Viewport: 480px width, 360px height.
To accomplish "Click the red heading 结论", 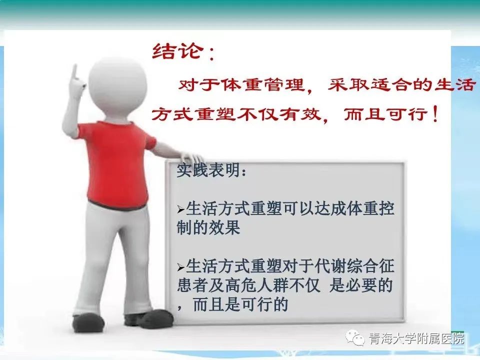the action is click(x=177, y=51).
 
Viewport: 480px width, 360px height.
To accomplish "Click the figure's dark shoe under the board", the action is click(x=149, y=318).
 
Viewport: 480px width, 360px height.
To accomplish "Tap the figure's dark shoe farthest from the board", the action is click(x=88, y=322).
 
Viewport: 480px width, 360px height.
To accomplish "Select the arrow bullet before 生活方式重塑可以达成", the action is click(x=181, y=210).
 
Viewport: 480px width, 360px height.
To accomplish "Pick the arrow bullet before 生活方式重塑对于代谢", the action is click(x=181, y=267).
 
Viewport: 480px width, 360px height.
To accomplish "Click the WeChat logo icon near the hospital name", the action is click(x=355, y=338).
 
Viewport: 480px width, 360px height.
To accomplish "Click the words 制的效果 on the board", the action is click(x=208, y=227).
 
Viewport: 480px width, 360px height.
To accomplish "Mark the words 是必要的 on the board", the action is click(x=361, y=285).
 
